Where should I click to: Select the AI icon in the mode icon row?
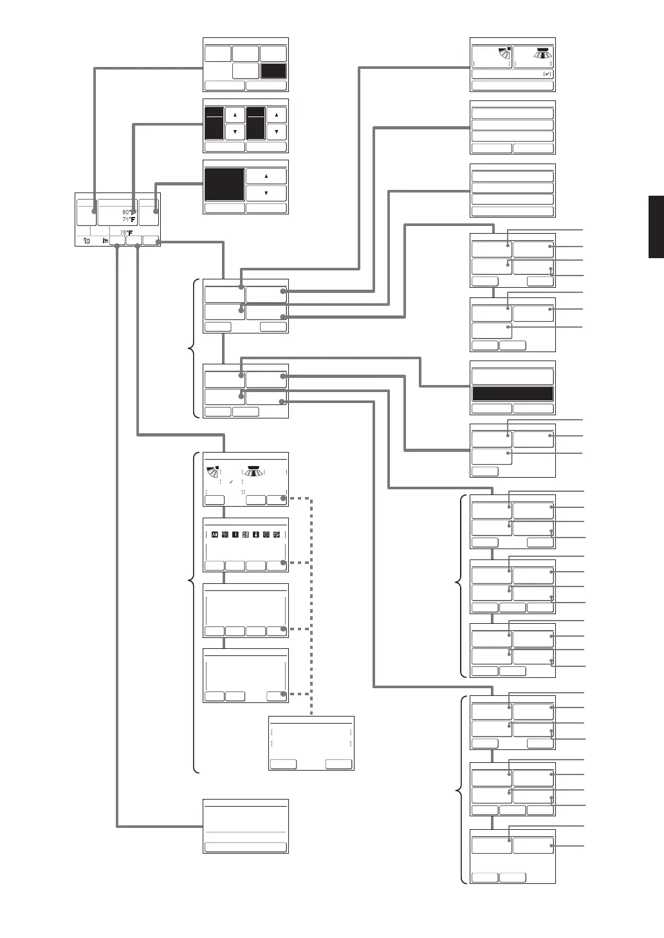(x=215, y=534)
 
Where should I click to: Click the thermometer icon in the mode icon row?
(x=255, y=534)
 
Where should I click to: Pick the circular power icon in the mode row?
(x=266, y=534)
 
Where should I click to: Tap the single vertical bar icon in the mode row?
(x=235, y=534)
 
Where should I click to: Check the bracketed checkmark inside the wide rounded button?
(x=547, y=74)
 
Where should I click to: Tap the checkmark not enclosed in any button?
(x=231, y=482)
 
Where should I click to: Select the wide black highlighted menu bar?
(x=513, y=394)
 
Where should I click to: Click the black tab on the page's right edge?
(x=656, y=227)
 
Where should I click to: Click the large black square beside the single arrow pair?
(x=225, y=185)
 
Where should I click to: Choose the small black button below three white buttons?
(x=273, y=71)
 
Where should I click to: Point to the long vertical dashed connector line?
(x=311, y=605)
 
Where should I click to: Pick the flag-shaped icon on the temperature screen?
(x=105, y=241)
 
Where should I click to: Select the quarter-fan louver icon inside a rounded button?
(x=500, y=56)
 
